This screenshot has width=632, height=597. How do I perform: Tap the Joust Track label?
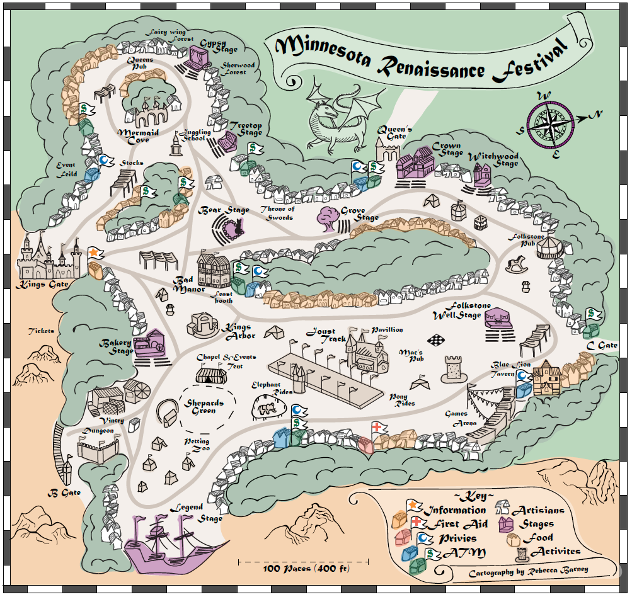coord(321,336)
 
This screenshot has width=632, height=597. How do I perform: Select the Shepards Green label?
coord(204,407)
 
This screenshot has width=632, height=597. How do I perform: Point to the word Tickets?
coord(41,331)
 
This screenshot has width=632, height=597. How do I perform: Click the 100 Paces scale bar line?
coord(303,560)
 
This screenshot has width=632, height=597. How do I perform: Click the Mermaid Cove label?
coord(138,137)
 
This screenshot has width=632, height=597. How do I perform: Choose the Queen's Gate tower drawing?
coord(388,152)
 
